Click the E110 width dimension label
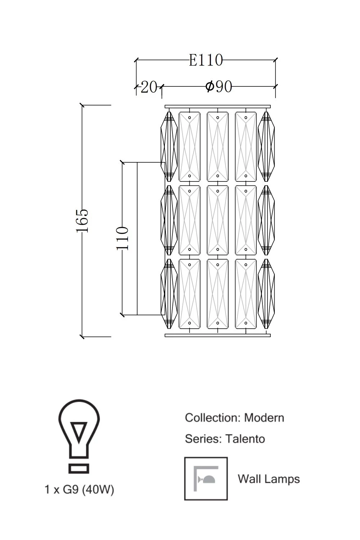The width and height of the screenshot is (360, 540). click(206, 60)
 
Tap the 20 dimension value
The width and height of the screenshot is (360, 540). click(149, 87)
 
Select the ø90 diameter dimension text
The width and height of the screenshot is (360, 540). click(219, 87)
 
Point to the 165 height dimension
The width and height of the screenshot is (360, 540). click(82, 220)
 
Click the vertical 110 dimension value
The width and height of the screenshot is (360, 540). click(122, 238)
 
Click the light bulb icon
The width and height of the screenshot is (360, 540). click(79, 436)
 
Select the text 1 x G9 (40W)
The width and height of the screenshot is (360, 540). click(79, 490)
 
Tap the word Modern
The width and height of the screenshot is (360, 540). click(264, 418)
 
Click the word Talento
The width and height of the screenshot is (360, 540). click(245, 439)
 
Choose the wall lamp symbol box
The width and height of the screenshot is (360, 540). click(206, 479)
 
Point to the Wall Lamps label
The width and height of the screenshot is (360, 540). click(269, 479)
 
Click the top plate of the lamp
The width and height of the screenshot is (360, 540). click(217, 107)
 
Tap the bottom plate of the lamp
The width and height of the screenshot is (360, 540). click(217, 335)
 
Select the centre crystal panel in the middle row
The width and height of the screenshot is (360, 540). click(217, 220)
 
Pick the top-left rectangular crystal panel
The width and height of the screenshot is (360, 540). click(189, 147)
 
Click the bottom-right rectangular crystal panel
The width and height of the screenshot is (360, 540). click(246, 294)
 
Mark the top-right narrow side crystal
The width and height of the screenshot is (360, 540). click(266, 147)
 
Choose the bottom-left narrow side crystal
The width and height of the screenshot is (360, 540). click(168, 294)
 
